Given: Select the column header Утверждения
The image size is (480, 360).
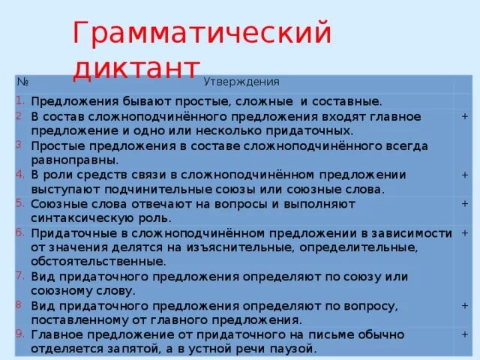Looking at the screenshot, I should tap(241, 82).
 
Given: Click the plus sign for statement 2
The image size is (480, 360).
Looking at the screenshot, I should tap(465, 116).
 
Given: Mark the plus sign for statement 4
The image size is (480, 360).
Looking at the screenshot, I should tap(465, 175).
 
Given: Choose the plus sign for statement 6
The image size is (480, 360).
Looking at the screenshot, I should tap(465, 233).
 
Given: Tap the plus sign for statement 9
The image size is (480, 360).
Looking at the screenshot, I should tap(465, 334).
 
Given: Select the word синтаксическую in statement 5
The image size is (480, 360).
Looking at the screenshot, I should tap(79, 217).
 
